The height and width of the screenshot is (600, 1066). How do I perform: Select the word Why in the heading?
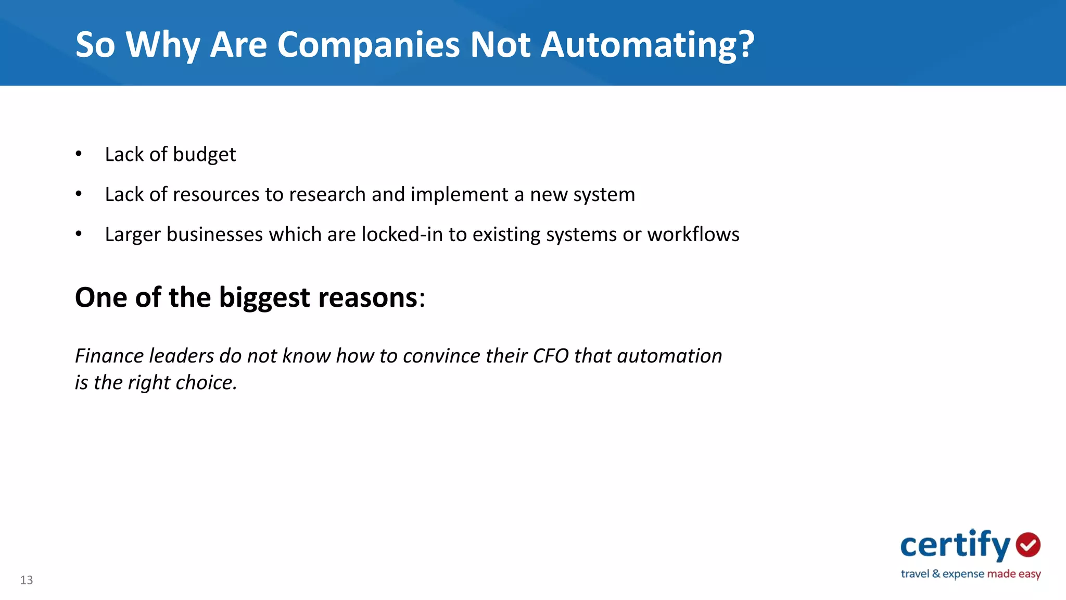(x=163, y=45)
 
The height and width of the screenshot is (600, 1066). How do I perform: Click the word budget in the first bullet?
(x=204, y=155)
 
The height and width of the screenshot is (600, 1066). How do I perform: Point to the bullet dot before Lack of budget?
(x=79, y=154)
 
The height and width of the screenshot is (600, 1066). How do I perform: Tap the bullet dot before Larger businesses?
(x=79, y=234)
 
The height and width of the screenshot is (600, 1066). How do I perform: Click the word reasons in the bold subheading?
(x=368, y=298)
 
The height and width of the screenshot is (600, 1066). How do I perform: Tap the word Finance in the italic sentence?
(x=109, y=356)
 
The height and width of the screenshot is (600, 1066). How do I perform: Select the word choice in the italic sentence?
(x=206, y=383)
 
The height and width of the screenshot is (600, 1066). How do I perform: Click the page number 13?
(x=27, y=580)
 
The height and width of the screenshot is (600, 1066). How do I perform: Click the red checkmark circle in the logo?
(x=1028, y=545)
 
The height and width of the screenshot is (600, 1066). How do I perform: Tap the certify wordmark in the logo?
(x=955, y=545)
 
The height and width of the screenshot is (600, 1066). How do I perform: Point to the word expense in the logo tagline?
(x=963, y=574)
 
